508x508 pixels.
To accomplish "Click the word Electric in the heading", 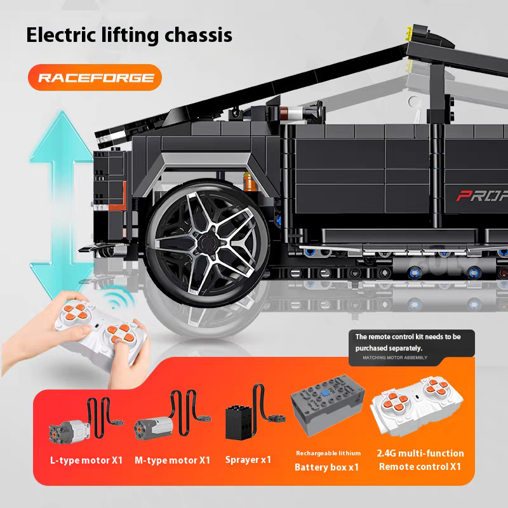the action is coord(61,35).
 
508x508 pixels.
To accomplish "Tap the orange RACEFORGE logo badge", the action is coord(95,77).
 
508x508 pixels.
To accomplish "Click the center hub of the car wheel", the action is coord(207,242).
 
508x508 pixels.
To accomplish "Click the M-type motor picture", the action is coord(171,418).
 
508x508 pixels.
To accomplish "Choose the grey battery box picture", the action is coord(328,406).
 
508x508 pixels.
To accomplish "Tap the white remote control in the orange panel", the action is coord(417,407).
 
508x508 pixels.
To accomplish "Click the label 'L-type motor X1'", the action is coord(86,460).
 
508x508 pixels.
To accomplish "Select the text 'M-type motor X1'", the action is coord(172,460).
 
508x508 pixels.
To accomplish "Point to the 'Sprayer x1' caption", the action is coord(248,460).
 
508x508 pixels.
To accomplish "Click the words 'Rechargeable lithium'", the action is coord(328,453).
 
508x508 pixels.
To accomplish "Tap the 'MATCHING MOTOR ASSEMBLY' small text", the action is coord(395,358).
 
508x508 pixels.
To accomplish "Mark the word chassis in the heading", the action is coord(198,35).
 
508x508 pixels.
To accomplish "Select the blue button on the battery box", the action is coord(325,393).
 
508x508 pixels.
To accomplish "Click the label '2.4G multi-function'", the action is coord(420,453).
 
